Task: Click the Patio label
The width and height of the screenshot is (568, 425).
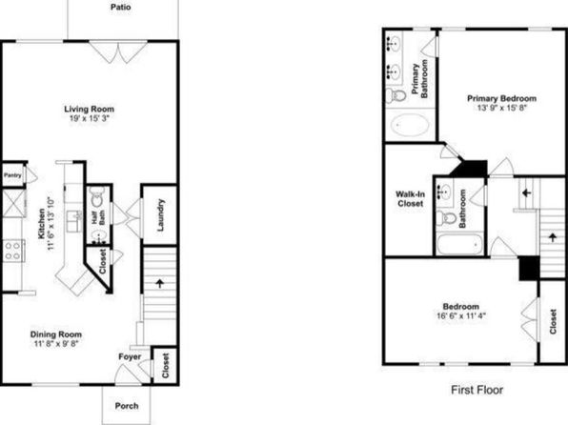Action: point(121,7)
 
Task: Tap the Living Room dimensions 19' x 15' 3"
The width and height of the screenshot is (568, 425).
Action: point(90,118)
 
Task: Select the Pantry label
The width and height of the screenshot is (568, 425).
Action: point(12,175)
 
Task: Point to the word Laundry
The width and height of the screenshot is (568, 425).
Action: point(160,214)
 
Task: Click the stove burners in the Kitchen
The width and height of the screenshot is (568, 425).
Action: point(13,251)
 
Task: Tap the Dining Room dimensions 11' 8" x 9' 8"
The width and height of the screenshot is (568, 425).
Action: point(56,343)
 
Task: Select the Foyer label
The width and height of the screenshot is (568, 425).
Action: point(130,356)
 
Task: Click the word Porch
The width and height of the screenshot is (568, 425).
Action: point(127,406)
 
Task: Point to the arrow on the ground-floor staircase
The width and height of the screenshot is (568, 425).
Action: point(160,283)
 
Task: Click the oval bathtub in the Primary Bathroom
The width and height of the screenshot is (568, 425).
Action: point(411,125)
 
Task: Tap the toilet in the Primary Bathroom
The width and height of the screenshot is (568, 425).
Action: point(396,95)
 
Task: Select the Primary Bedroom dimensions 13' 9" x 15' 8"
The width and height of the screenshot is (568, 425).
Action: point(501,108)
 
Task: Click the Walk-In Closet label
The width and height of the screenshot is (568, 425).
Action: point(411,199)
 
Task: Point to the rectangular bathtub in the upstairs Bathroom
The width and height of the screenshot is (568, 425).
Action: point(459,244)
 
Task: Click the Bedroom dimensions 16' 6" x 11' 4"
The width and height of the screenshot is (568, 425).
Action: point(461,315)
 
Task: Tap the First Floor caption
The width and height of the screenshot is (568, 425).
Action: point(477,390)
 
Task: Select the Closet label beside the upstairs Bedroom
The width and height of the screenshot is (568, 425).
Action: point(553,321)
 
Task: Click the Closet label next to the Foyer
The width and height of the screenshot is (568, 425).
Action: point(165,365)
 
